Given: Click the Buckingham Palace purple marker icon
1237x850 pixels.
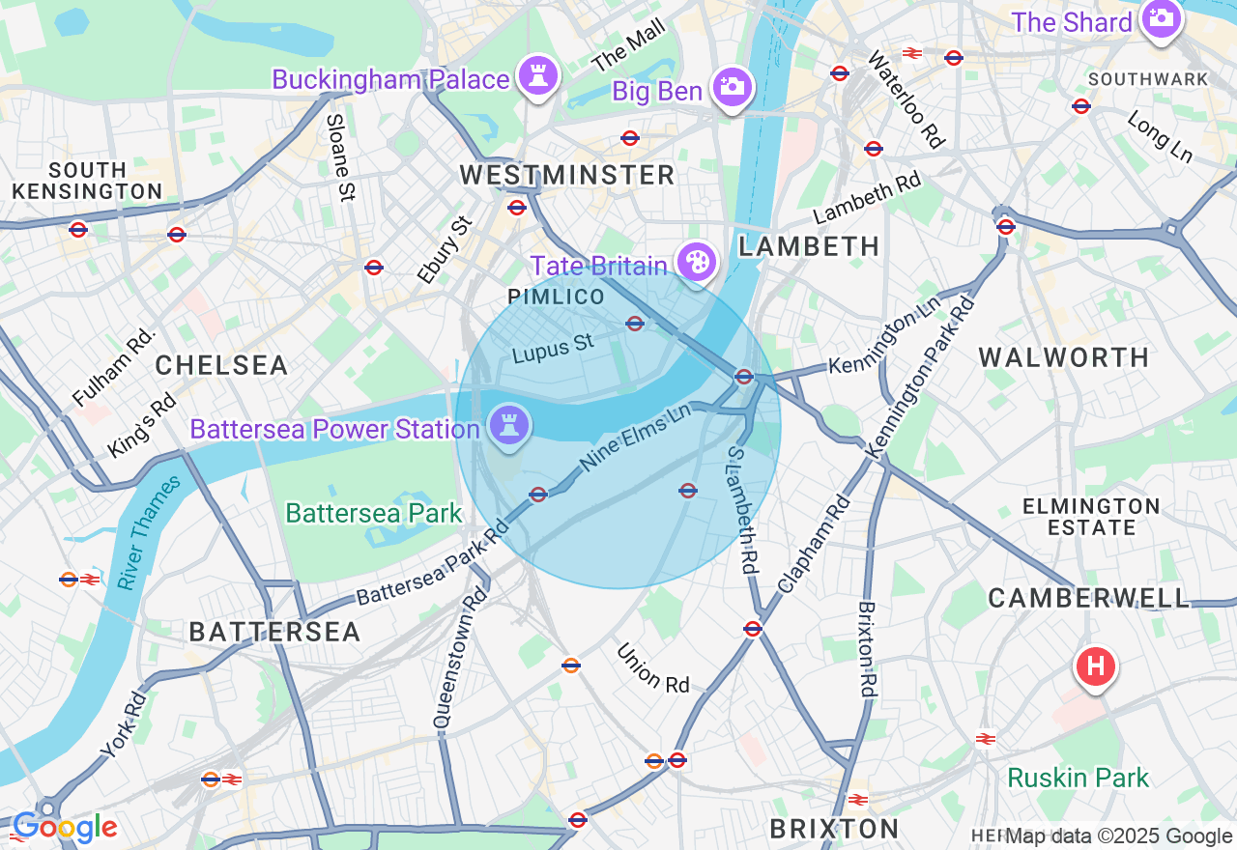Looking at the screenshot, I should (537, 75).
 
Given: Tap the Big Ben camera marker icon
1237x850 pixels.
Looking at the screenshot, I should (733, 87).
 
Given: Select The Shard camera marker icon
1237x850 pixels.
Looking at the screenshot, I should (1161, 18).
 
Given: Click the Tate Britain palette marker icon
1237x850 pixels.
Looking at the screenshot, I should (695, 261).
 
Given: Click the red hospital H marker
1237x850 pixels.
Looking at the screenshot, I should (1095, 666).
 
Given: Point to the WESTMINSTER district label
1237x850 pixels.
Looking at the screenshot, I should (566, 175).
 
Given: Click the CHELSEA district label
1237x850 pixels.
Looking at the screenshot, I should (221, 365).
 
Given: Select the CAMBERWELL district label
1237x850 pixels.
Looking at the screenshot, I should (1088, 598).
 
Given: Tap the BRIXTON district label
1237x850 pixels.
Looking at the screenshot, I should (835, 828).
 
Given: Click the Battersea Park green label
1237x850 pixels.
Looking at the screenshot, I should (374, 513).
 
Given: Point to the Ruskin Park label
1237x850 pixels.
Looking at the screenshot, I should (1078, 778).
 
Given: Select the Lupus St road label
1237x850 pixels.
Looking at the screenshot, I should (553, 349).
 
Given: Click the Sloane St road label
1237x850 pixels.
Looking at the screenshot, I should (337, 157).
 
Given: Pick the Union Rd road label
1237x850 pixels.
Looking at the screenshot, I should (653, 668).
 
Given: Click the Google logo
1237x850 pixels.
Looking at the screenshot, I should (65, 828).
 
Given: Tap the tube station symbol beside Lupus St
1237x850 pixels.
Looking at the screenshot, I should (635, 324).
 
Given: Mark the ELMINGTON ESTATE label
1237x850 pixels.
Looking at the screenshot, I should (1091, 517).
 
